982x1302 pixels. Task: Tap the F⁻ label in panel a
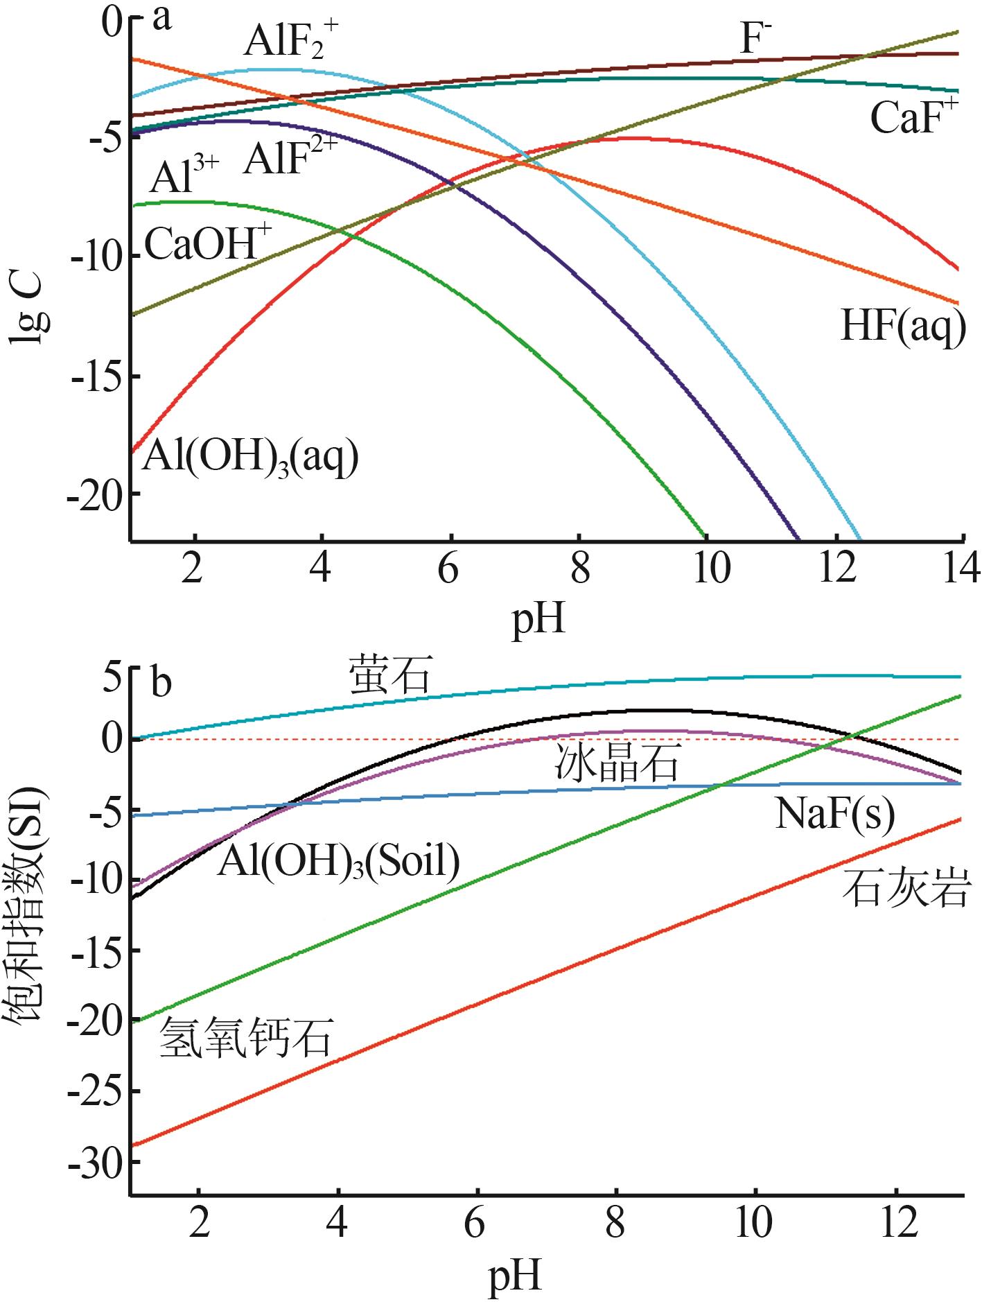click(x=756, y=38)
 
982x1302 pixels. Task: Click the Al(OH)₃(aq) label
click(x=250, y=458)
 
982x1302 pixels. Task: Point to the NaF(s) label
click(x=834, y=813)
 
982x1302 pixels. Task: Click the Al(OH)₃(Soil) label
click(x=338, y=862)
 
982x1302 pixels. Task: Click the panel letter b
click(x=161, y=682)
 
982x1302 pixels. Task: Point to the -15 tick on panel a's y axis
click(x=97, y=376)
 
